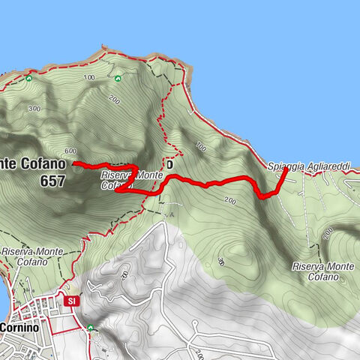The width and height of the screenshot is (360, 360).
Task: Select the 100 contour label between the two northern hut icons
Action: click(90, 78)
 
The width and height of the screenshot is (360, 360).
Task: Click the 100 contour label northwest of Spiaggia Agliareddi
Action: click(200, 146)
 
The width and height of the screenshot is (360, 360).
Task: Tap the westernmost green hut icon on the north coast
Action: click(28, 77)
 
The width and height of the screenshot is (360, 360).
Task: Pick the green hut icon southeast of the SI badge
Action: click(90, 328)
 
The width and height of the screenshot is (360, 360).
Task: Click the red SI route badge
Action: click(71, 301)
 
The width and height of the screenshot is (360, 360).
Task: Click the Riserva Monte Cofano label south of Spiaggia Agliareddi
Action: click(324, 271)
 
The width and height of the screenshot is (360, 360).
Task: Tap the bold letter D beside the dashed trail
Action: click(170, 163)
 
